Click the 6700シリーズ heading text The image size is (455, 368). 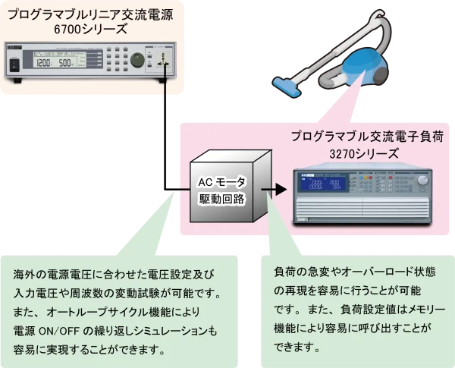(89, 29)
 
